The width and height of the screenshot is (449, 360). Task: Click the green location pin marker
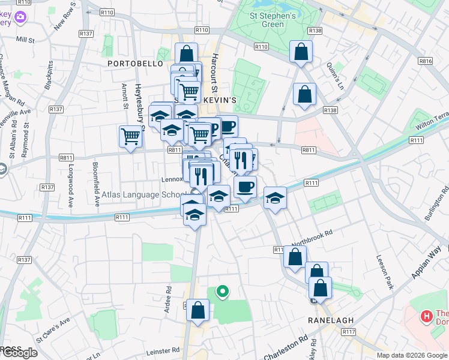(x=222, y=292)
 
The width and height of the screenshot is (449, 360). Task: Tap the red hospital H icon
(x=427, y=315)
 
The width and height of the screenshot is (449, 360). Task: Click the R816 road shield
(x=426, y=61)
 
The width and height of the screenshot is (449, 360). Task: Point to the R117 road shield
(x=349, y=332)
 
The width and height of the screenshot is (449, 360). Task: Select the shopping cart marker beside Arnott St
(x=130, y=136)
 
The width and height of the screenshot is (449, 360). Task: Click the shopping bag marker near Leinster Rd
(x=197, y=310)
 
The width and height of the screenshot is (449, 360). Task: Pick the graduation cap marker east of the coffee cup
(x=275, y=197)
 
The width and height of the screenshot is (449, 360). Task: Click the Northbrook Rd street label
(x=312, y=238)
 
